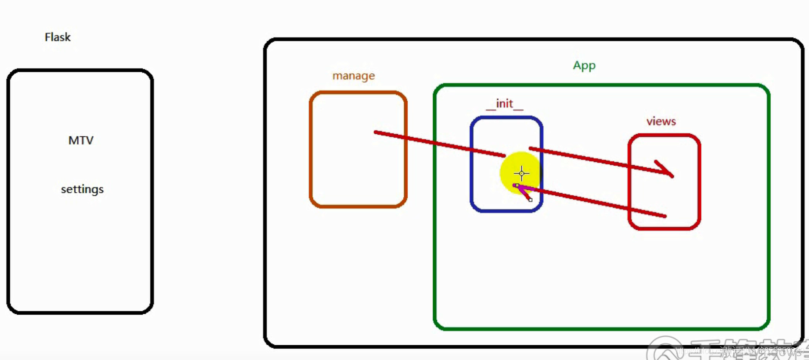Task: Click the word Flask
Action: click(58, 37)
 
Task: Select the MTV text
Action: click(81, 141)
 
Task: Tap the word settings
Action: click(82, 189)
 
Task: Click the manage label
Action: click(354, 76)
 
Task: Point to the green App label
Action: click(584, 65)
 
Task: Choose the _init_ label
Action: click(505, 104)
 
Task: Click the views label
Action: click(661, 121)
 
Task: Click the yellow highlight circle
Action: click(511, 167)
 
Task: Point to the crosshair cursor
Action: click(521, 173)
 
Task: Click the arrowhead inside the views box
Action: click(667, 170)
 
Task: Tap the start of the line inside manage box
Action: click(376, 132)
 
